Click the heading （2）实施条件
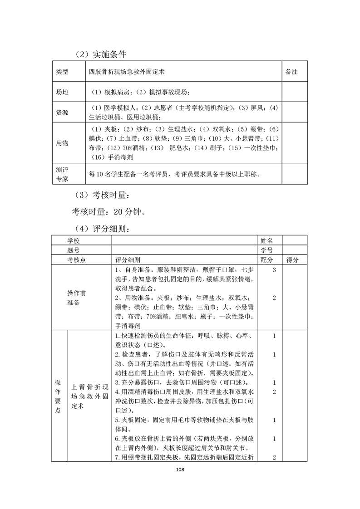point(100,54)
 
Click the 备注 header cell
point(291,72)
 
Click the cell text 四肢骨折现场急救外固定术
point(127,72)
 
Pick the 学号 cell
point(266,250)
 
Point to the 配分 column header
point(266,260)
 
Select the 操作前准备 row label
point(74,298)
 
